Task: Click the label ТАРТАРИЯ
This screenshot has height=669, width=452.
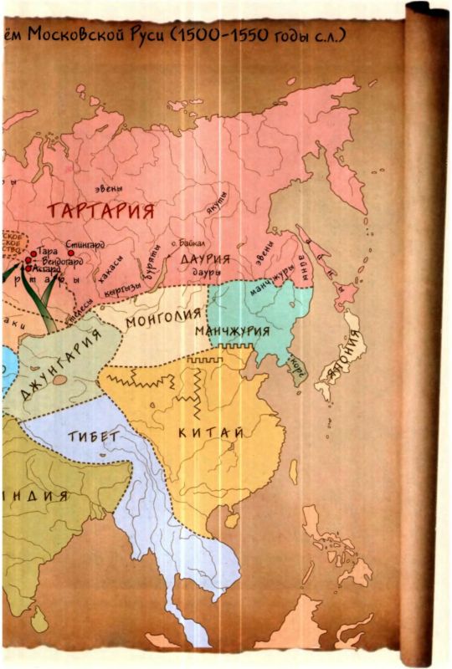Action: (x=100, y=210)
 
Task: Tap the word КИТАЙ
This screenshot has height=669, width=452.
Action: (x=212, y=432)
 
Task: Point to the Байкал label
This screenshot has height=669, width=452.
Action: (x=186, y=243)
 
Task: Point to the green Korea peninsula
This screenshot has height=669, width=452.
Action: (x=295, y=364)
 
